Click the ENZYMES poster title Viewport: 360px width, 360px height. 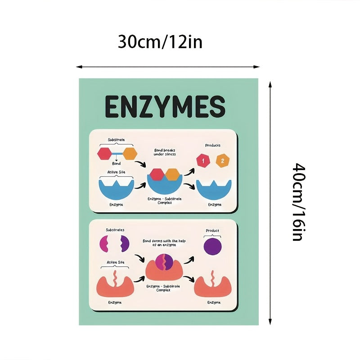[165, 107]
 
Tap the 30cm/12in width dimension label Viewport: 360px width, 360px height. [160, 42]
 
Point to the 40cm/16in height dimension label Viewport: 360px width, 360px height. [299, 202]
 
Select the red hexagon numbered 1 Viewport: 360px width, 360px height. [203, 161]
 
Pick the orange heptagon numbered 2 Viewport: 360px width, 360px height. [222, 161]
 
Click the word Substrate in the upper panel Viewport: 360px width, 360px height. [117, 139]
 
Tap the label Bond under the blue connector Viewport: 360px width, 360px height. [116, 163]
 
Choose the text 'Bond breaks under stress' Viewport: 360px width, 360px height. [165, 152]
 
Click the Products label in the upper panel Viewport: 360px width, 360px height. [212, 145]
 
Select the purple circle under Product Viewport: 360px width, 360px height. [212, 246]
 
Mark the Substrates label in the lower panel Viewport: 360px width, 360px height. [115, 230]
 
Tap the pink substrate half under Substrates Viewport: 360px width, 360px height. [104, 243]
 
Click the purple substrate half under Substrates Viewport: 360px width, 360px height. [125, 243]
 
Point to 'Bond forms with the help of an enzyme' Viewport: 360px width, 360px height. [164, 243]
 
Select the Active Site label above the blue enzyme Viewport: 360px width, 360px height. [117, 172]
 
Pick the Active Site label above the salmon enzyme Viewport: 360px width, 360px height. [116, 262]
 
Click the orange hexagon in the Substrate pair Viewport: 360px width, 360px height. [130, 153]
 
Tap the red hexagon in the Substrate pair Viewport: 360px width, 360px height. [105, 153]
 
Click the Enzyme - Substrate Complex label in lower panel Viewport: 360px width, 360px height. [163, 288]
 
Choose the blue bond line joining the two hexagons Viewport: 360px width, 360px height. [117, 153]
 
